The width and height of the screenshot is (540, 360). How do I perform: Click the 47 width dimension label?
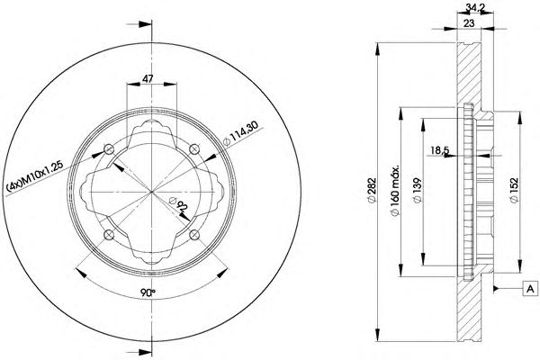point(148,78)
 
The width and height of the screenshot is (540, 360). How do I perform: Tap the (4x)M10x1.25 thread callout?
point(35,176)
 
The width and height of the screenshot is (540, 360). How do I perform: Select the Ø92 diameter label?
point(178,204)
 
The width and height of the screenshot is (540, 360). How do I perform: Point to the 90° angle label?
point(148,292)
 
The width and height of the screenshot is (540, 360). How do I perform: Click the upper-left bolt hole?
point(109,149)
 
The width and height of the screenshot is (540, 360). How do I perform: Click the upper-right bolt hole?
point(194,149)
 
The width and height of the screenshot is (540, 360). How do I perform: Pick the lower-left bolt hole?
point(109,235)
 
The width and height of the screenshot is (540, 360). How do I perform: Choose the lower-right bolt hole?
point(194,235)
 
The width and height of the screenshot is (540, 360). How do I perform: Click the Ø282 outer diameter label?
point(372,190)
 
